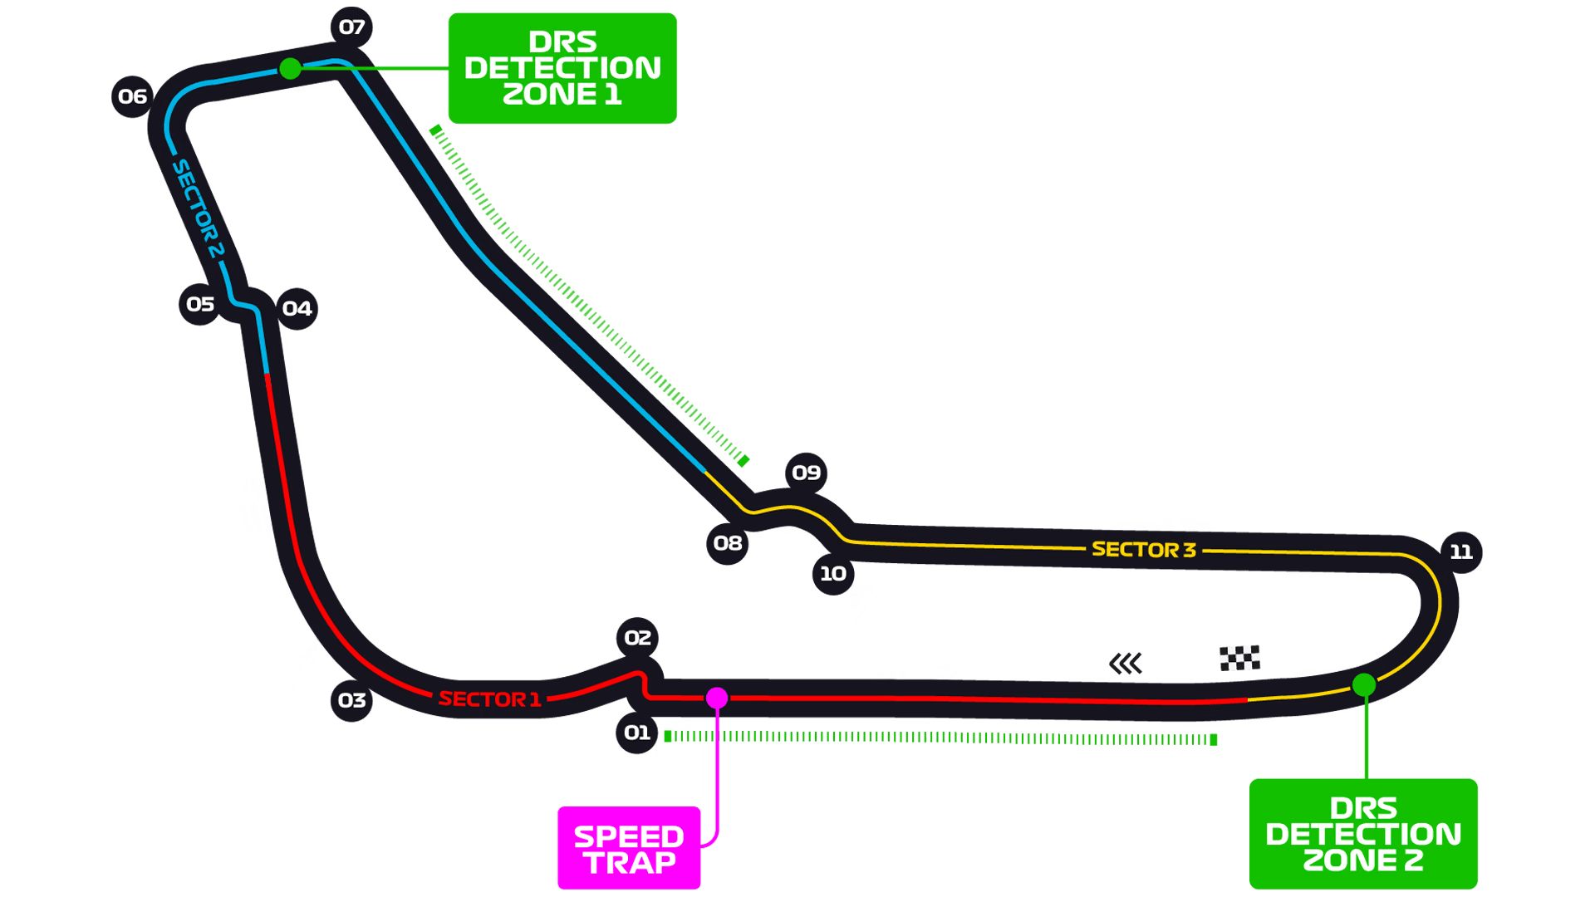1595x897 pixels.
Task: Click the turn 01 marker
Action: point(637,733)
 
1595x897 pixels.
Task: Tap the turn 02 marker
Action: point(637,638)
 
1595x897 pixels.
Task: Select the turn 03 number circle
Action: point(351,700)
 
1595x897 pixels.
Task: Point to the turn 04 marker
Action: point(297,309)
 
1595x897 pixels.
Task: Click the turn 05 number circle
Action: point(199,304)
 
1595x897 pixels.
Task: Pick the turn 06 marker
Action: point(132,96)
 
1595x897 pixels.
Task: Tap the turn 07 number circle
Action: point(351,27)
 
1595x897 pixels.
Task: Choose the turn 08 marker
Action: point(727,543)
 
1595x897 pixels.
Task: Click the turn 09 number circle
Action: point(806,473)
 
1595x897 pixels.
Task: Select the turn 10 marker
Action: point(833,574)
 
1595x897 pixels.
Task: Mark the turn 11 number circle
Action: point(1461,552)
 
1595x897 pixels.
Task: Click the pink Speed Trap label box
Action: point(629,848)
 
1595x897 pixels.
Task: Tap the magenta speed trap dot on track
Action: point(717,698)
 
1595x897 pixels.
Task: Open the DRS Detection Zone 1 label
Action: point(562,68)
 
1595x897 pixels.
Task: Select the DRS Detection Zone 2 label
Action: point(1363,834)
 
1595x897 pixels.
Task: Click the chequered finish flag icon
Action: point(1239,658)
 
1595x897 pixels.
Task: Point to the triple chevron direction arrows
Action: point(1126,663)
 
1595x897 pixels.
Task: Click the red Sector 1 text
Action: point(489,699)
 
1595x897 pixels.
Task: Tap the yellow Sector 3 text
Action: point(1144,550)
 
